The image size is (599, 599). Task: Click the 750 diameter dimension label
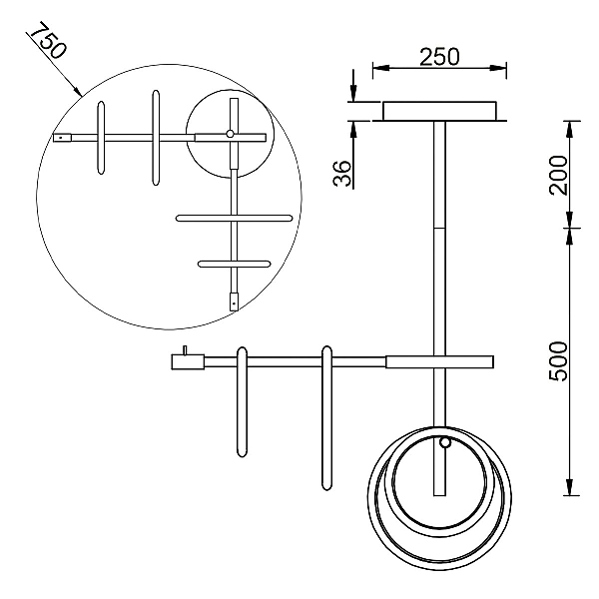(48, 41)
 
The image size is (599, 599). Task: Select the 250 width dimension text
(439, 57)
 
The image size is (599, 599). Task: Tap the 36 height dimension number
(342, 173)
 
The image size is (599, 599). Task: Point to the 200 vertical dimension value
(558, 175)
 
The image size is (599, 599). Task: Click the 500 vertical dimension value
(558, 361)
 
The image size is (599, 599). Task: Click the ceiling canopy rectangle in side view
(439, 111)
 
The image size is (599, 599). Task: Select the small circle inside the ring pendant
(444, 442)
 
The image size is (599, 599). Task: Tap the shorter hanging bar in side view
(242, 402)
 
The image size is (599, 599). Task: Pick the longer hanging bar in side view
(326, 418)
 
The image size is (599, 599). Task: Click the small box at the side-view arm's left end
(188, 361)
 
